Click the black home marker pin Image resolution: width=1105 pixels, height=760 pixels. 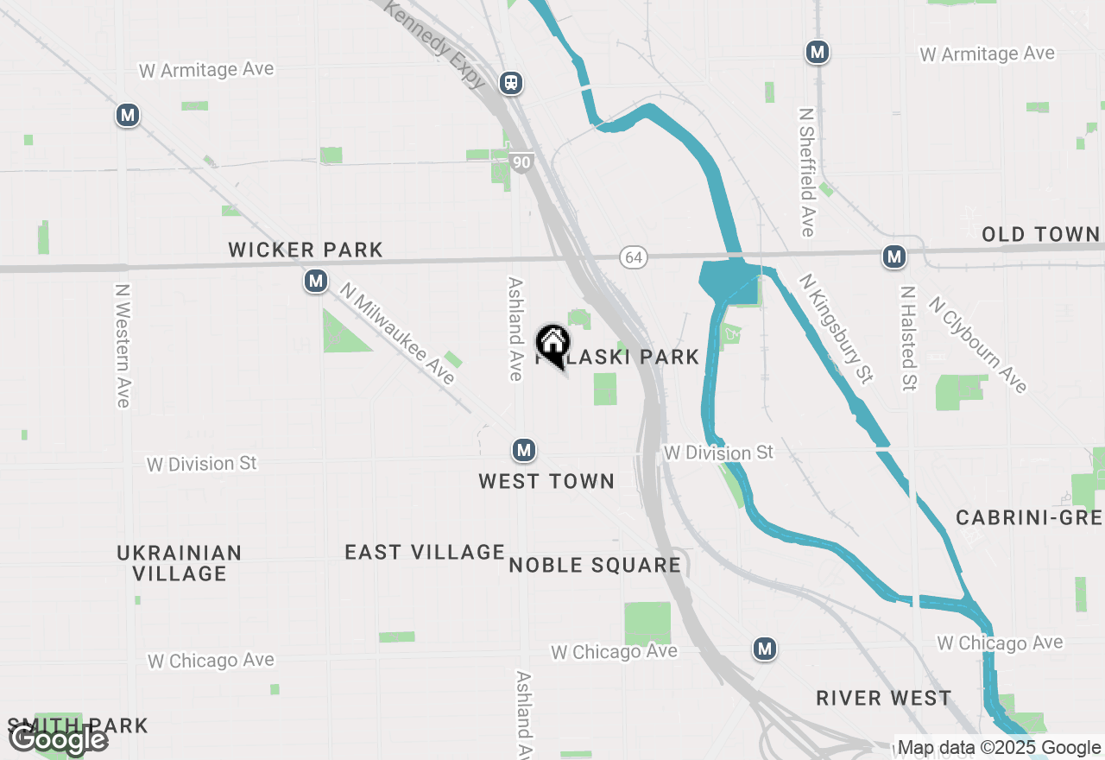coord(552,344)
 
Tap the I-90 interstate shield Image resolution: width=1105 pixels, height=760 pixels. coord(521,161)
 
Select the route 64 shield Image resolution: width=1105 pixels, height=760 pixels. coord(634,257)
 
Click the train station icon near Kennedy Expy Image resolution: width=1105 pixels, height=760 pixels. coord(511,83)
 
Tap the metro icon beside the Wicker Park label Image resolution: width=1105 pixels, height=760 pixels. coord(316,281)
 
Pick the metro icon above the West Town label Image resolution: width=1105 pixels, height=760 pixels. coord(523,450)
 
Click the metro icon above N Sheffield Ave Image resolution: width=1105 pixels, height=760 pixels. coord(817,52)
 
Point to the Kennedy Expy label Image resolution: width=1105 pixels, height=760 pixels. coord(435,45)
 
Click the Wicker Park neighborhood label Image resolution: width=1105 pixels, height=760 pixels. coord(305,250)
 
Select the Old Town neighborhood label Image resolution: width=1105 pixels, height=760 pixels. coord(1040,234)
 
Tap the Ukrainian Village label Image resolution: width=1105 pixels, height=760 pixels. coord(180,562)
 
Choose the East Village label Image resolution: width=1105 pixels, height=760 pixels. coord(425,552)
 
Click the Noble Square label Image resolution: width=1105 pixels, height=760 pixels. coord(595,566)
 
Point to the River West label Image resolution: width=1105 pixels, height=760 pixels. coord(884,698)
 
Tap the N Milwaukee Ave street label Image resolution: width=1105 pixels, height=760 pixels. coord(397,333)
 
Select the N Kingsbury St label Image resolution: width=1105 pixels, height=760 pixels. coord(837,329)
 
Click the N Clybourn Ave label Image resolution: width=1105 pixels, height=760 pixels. coord(978,344)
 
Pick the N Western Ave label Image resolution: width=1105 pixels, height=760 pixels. coord(123,345)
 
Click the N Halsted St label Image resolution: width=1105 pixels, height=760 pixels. coord(907,338)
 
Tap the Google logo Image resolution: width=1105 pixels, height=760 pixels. coord(58,740)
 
